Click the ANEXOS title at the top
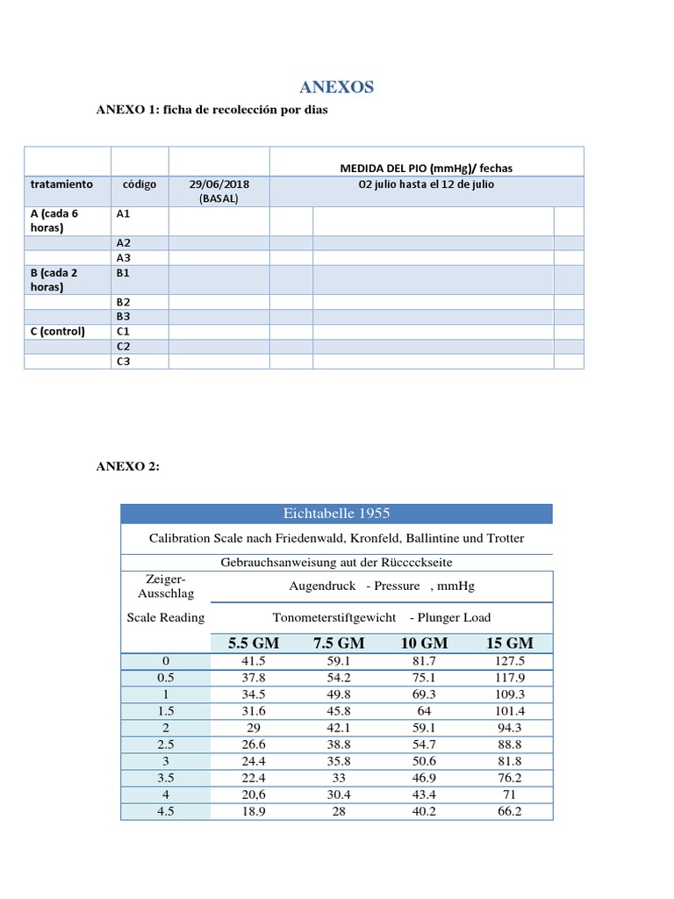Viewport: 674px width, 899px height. pos(337,87)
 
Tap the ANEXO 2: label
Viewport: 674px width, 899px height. pos(128,466)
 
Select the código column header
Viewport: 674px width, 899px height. pos(140,184)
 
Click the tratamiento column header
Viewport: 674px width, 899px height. pos(61,184)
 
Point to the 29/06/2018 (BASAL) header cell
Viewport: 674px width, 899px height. pos(219,191)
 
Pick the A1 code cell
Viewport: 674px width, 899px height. pos(123,213)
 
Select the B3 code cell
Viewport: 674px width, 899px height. pos(123,316)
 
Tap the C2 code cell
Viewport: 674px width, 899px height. pos(123,346)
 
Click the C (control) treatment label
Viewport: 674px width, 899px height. pos(58,331)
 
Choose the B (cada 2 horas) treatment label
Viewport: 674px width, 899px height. pos(54,279)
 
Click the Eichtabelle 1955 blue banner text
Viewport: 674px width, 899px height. pos(336,514)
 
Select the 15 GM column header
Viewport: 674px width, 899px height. pos(509,643)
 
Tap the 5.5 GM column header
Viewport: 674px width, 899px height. pos(254,643)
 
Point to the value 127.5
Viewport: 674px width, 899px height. pos(509,660)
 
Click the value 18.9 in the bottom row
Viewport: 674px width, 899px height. pos(254,811)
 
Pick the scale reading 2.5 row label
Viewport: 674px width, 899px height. pos(165,744)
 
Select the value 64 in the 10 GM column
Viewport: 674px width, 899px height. pos(424,710)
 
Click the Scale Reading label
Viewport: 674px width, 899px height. pos(166,617)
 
